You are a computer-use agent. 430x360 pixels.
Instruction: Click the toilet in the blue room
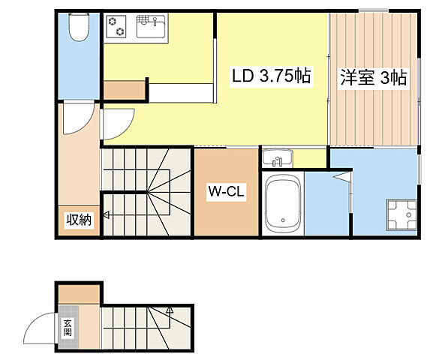pos(79,28)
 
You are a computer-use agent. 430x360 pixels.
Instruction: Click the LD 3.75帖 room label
pos(271,76)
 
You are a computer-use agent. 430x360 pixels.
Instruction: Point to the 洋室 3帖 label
pos(374,78)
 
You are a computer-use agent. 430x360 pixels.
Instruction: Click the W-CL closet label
pos(226,191)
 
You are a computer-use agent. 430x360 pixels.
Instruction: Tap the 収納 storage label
pos(79,220)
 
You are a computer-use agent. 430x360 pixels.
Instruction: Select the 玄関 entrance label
pos(68,328)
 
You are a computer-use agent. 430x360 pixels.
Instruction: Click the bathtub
pos(283,203)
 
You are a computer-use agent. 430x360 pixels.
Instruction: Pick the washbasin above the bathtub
pos(278,158)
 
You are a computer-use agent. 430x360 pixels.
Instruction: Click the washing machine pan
pos(401,214)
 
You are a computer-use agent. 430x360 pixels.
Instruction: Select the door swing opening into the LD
pos(127,129)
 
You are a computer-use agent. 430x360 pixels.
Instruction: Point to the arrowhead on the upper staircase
pos(107,215)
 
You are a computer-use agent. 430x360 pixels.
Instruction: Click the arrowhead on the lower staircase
pos(170,310)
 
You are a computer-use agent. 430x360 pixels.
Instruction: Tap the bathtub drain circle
pos(283,220)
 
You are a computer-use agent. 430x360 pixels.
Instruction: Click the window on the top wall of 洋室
pos(374,11)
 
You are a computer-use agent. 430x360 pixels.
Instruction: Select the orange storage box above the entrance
pos(79,294)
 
